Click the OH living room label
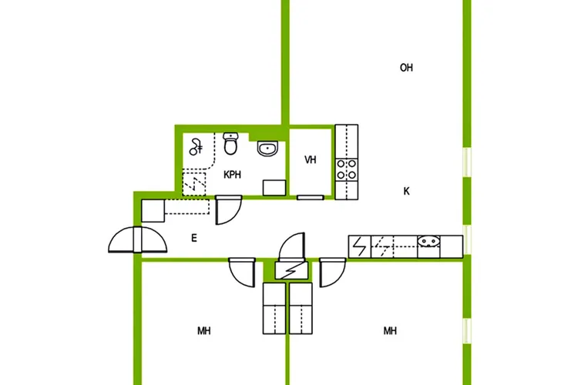(406, 68)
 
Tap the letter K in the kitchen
(406, 191)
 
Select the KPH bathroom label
(232, 175)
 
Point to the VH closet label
(311, 160)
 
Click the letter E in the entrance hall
(194, 239)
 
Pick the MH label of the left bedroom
(204, 331)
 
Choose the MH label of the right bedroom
(390, 331)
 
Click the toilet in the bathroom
(230, 144)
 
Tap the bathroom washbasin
(268, 149)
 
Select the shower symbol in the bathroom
(196, 147)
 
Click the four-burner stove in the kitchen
(347, 170)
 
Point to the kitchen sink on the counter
(428, 241)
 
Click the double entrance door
(137, 239)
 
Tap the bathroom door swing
(228, 210)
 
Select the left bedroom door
(242, 273)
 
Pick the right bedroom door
(332, 273)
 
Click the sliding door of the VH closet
(311, 198)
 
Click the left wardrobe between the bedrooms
(274, 308)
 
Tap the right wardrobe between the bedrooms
(301, 308)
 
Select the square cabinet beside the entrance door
(153, 211)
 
